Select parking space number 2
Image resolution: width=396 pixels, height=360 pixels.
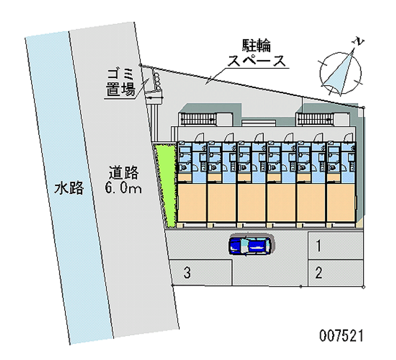(x=320, y=272)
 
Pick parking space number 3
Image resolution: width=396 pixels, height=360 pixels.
(x=187, y=272)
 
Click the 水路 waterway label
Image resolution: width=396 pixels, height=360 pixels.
(x=69, y=188)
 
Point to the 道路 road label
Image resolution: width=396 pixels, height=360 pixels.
(x=123, y=173)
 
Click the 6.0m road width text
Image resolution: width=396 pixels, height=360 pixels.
(x=123, y=188)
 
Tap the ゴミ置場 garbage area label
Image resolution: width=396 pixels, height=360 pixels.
(x=120, y=83)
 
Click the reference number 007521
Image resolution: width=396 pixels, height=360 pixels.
(x=342, y=336)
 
